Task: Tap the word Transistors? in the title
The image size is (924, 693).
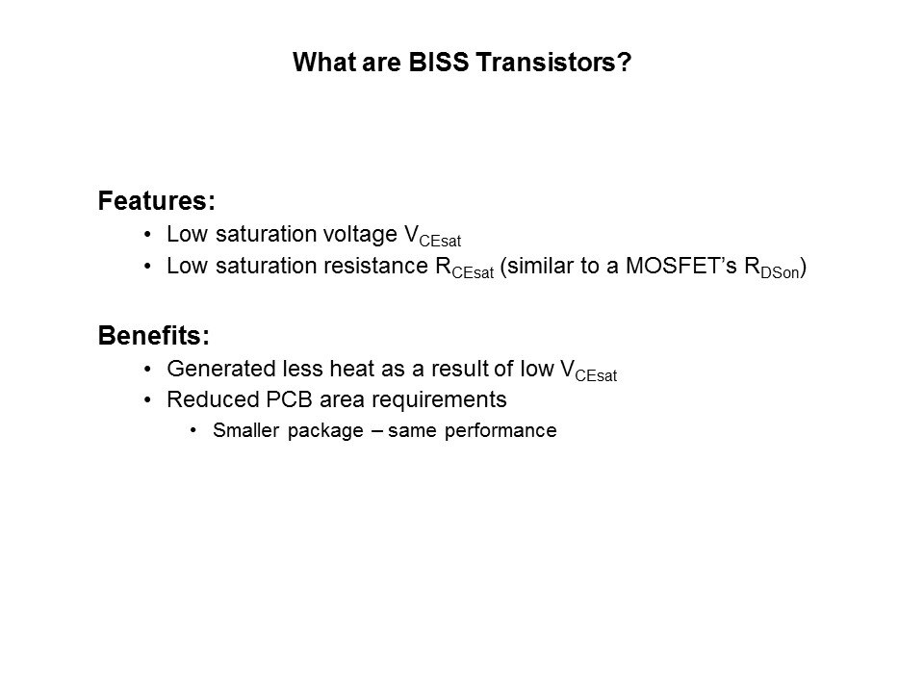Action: [553, 62]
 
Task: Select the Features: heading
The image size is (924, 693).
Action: [157, 201]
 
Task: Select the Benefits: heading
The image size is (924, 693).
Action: [154, 335]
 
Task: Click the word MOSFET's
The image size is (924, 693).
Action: [680, 266]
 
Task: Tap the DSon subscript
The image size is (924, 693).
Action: [780, 272]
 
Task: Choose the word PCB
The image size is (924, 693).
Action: [289, 399]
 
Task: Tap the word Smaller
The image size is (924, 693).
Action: [245, 430]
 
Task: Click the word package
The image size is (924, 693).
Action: [325, 431]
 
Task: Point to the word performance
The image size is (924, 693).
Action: [500, 431]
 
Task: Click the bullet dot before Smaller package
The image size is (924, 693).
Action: [193, 431]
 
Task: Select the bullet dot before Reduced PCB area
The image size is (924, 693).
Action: [147, 400]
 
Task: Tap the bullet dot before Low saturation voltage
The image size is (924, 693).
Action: [147, 235]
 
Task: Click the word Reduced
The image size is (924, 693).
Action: [214, 399]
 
